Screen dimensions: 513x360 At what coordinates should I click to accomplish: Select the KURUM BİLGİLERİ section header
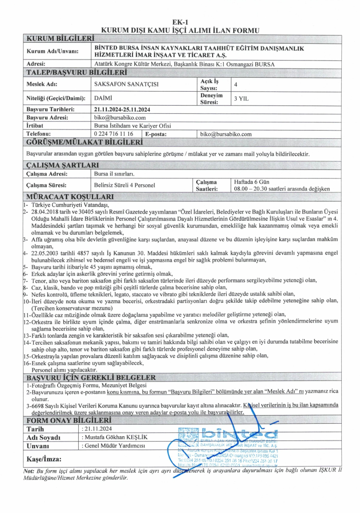point(59,38)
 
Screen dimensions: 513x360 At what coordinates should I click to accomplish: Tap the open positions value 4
point(235,84)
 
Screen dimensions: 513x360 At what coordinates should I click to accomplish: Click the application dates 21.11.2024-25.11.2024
point(122,109)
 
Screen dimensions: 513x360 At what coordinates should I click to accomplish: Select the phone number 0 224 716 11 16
point(114,134)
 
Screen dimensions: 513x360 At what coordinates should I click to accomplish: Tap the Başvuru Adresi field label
point(48,118)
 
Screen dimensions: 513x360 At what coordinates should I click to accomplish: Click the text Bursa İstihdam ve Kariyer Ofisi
point(132,126)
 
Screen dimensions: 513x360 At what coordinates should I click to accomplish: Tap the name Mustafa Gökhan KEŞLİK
point(114,437)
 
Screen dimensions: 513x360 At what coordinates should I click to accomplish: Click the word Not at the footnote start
point(29,471)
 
